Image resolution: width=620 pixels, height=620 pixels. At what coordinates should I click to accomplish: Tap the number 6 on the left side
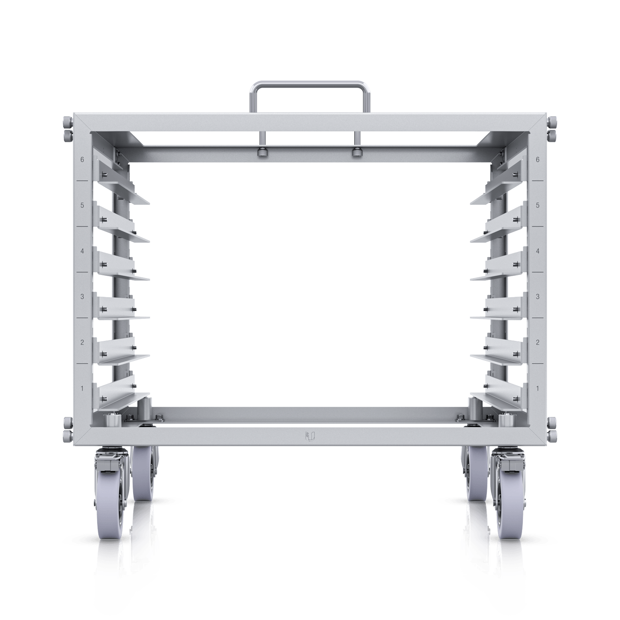pyautogui.click(x=82, y=160)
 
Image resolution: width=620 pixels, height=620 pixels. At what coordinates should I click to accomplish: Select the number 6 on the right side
pyautogui.click(x=537, y=160)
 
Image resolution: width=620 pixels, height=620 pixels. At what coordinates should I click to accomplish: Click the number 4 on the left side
pyautogui.click(x=82, y=251)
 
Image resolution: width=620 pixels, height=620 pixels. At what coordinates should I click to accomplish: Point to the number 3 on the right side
pyautogui.click(x=537, y=296)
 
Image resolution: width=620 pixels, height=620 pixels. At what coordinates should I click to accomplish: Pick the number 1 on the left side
pyautogui.click(x=82, y=388)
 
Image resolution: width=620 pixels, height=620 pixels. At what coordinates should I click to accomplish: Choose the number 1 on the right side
pyautogui.click(x=537, y=388)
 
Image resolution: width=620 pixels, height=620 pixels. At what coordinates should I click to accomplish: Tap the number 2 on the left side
pyautogui.click(x=82, y=342)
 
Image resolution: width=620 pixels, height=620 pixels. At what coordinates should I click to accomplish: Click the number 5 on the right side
pyautogui.click(x=537, y=205)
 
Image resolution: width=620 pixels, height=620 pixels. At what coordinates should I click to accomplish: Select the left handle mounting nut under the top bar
pyautogui.click(x=262, y=152)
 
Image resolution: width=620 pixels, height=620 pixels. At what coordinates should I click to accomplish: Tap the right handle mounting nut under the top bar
pyautogui.click(x=355, y=152)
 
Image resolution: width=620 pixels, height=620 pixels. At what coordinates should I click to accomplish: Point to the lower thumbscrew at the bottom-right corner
pyautogui.click(x=552, y=436)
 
